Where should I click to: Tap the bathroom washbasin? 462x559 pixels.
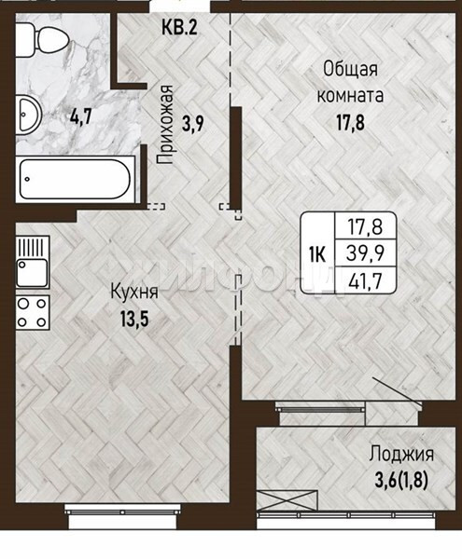[29, 115]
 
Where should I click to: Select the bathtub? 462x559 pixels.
[76, 179]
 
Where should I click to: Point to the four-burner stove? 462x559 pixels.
[33, 313]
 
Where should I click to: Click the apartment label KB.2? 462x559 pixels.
[179, 27]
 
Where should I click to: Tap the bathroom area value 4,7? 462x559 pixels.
[81, 116]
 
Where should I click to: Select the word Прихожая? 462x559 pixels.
[164, 125]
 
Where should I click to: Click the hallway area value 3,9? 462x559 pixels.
[193, 124]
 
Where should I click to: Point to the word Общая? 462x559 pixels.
[350, 70]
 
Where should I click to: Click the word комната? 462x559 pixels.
[350, 96]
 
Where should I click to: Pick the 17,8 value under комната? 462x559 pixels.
[350, 123]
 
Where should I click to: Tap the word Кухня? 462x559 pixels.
[134, 293]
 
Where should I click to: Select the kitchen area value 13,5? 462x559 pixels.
[134, 319]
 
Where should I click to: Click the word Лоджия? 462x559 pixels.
[401, 455]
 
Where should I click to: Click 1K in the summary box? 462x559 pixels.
[317, 255]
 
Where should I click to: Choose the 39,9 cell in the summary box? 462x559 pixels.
[365, 253]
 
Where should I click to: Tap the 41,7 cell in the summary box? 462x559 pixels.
[365, 280]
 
